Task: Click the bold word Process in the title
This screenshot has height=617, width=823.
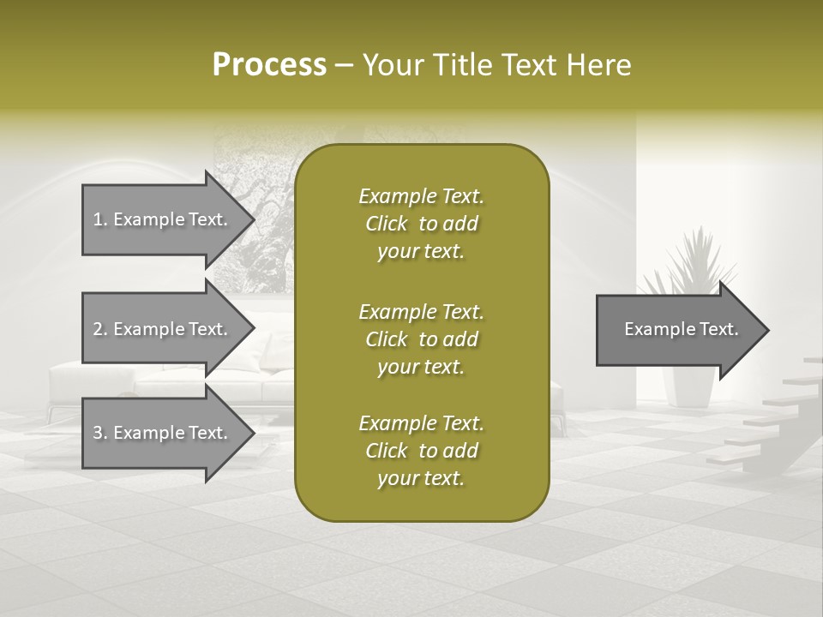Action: tap(269, 65)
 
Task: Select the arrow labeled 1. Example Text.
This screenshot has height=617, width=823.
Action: tap(163, 219)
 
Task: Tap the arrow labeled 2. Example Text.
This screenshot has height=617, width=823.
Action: tap(163, 329)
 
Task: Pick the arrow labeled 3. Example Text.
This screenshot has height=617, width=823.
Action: tap(163, 433)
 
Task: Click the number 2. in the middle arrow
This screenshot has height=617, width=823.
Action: tap(100, 329)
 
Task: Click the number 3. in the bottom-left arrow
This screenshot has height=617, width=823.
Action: tap(100, 433)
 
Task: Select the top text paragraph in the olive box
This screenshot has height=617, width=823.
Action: tap(421, 224)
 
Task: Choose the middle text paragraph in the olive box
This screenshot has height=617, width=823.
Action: tap(421, 339)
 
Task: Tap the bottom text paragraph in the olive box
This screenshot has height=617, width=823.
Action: tap(421, 451)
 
